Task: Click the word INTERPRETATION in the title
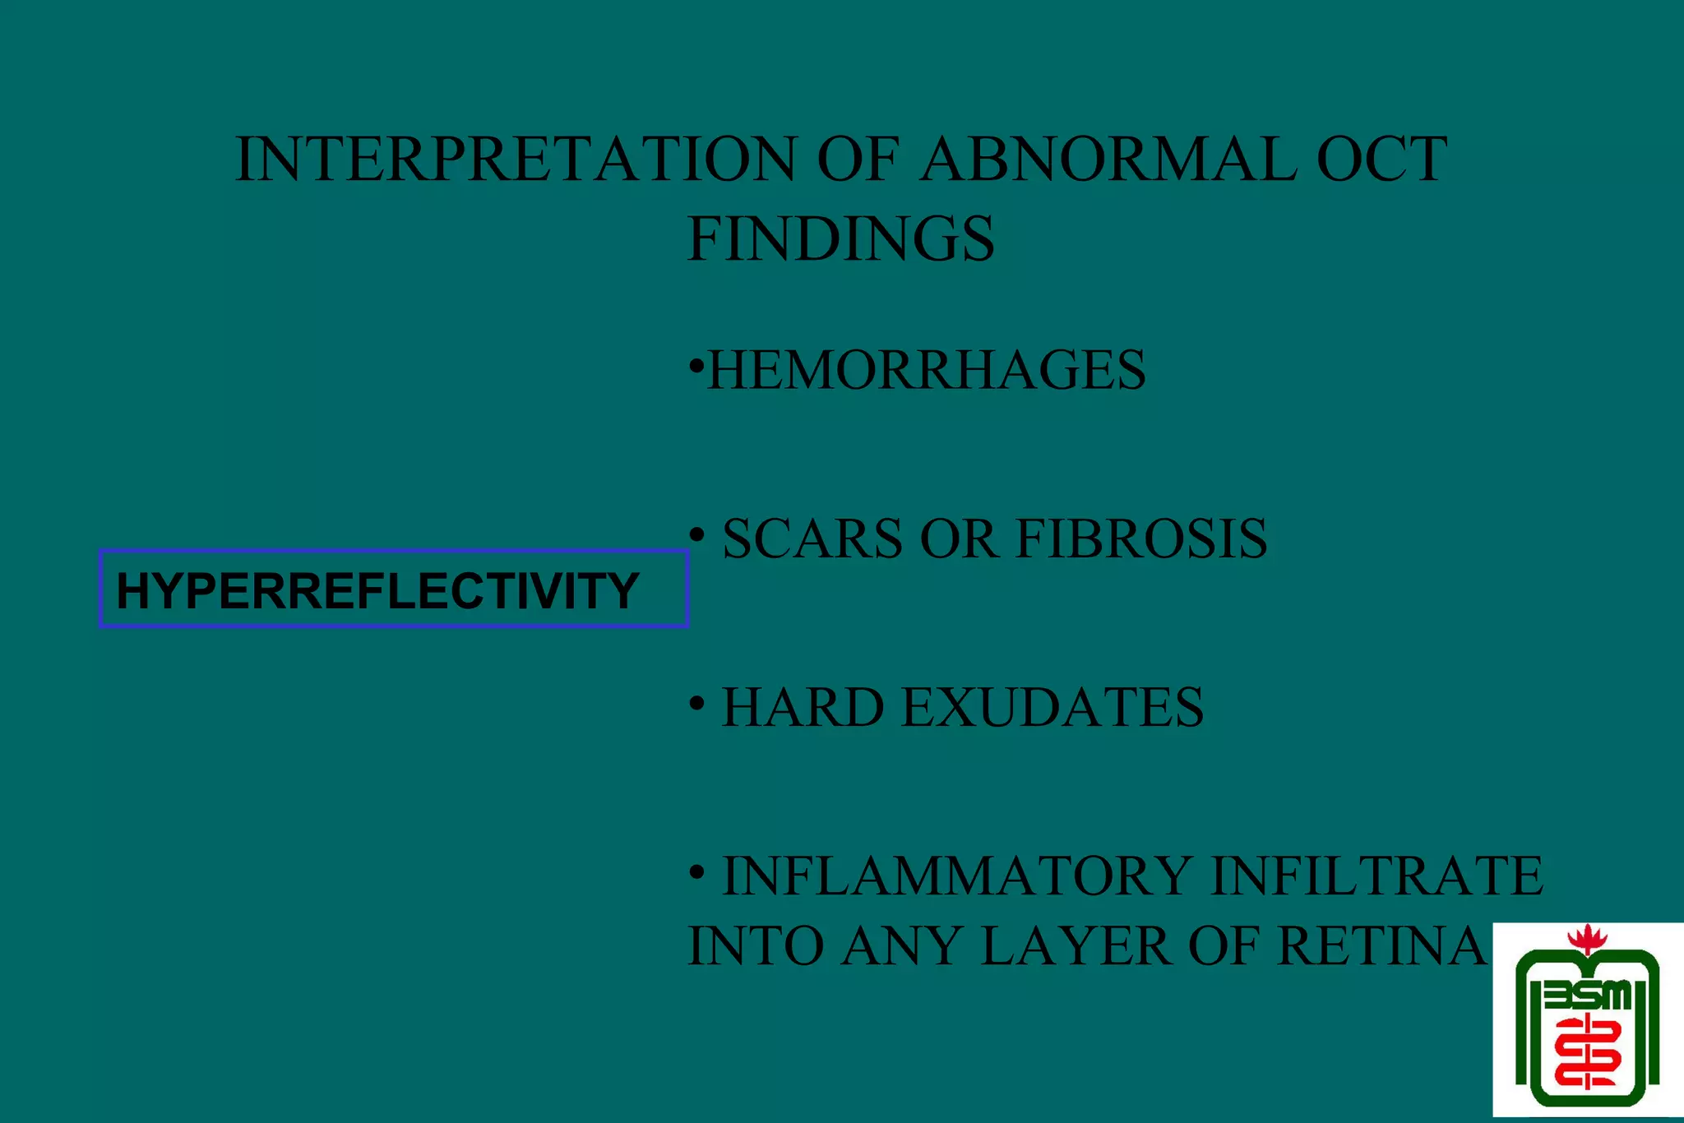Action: [x=516, y=159]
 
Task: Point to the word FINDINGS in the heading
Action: [x=840, y=239]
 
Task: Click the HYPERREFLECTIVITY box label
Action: [x=378, y=590]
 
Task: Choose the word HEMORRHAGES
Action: [x=927, y=370]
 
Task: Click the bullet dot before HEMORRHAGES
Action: [x=696, y=363]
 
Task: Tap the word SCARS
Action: [x=812, y=539]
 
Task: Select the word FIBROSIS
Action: [x=1142, y=539]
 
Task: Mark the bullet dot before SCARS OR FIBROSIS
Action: [x=696, y=535]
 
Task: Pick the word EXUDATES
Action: [x=1052, y=708]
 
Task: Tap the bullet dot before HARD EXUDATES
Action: [x=696, y=704]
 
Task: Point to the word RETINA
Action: [x=1382, y=946]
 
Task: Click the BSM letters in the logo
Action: [x=1587, y=996]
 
